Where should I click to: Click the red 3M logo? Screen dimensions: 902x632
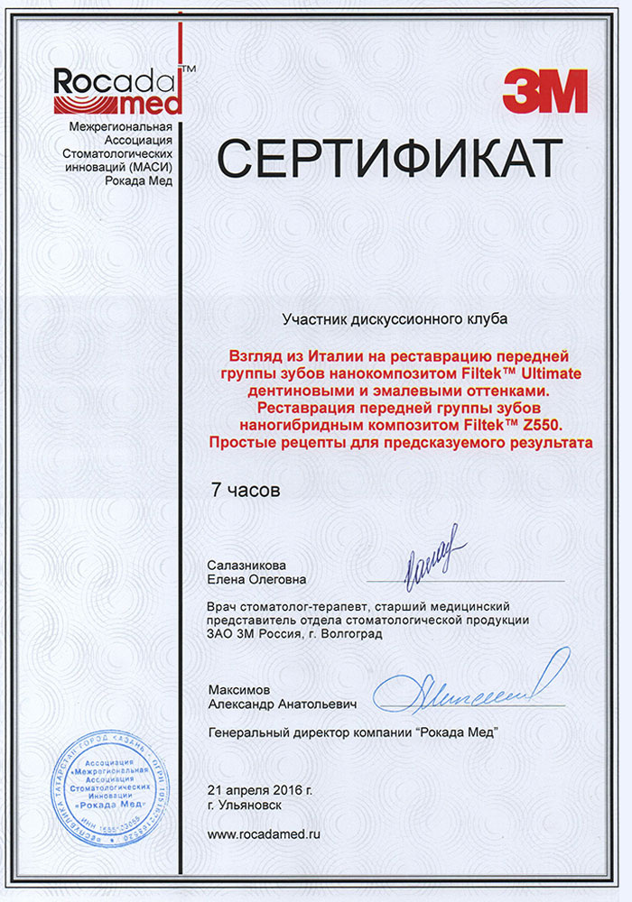[545, 91]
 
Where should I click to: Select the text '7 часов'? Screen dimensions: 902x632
[246, 491]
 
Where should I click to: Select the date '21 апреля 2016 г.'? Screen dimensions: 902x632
[260, 790]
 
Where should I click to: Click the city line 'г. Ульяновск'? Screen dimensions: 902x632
[245, 806]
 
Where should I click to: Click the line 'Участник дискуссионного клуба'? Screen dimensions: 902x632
[395, 319]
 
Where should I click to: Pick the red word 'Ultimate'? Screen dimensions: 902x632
[550, 373]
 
